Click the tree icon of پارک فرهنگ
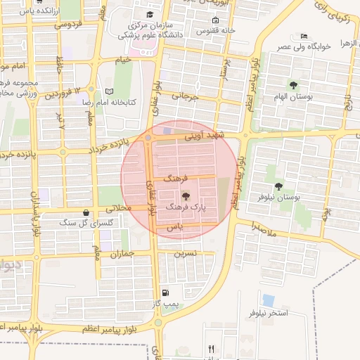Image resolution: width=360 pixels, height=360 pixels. point(186,196)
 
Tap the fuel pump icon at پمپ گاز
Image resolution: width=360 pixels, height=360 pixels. point(165,292)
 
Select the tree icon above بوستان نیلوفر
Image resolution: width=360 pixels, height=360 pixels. point(279,186)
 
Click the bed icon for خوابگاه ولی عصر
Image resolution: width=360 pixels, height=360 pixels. point(304,36)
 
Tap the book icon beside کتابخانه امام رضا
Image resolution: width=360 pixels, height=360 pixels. point(108,91)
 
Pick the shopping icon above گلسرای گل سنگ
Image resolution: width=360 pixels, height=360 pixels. point(86,212)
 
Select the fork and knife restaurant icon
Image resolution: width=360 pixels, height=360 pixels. point(211,349)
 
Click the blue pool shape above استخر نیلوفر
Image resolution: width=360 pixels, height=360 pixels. point(268,300)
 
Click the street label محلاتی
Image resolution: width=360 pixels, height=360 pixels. point(120,209)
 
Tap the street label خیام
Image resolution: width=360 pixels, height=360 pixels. point(124,60)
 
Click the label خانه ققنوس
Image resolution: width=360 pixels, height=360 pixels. point(210,31)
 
